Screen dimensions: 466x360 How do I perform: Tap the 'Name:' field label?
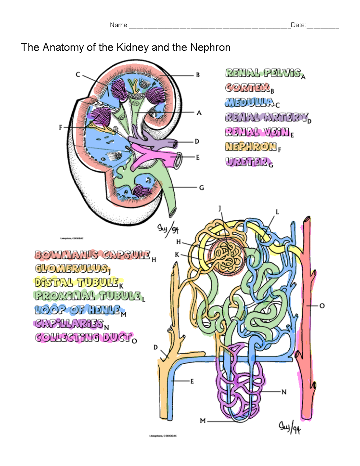pos(119,25)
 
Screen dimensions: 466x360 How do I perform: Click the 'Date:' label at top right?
pos(298,25)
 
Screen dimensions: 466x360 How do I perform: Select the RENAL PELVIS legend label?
pos(263,73)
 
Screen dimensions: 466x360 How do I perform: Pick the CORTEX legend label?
pos(247,88)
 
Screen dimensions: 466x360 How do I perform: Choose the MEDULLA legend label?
pos(250,102)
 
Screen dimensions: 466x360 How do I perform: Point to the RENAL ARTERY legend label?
pos(266,117)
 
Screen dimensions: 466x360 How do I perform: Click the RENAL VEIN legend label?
pos(257,132)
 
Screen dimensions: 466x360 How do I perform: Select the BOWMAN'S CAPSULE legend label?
pos(92,255)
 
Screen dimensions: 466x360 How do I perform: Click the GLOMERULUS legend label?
pos(71,268)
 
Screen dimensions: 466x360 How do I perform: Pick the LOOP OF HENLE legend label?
pos(78,310)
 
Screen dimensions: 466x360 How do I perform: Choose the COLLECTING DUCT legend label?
pos(83,337)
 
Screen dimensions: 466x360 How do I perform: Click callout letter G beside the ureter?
pos(202,188)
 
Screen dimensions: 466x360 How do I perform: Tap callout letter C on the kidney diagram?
pos(78,74)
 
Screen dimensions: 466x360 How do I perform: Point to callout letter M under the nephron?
pos(203,421)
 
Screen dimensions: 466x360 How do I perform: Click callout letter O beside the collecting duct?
pos(322,306)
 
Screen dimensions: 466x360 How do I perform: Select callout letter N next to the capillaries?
pos(284,392)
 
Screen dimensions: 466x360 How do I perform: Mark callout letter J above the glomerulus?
pos(220,208)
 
